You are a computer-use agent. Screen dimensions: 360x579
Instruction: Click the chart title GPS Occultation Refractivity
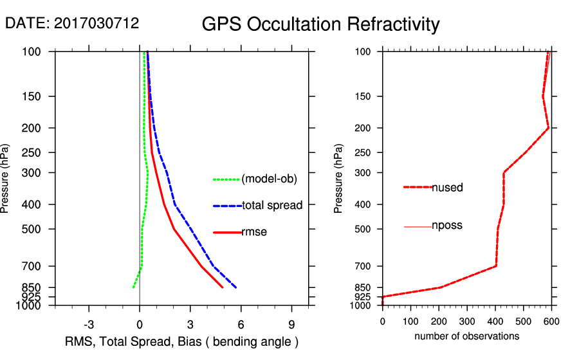coord(320,25)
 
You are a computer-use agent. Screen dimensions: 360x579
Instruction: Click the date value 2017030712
coord(96,24)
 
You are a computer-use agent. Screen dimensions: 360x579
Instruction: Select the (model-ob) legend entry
coord(269,179)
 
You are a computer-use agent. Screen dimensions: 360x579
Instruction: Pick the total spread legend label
coord(272,206)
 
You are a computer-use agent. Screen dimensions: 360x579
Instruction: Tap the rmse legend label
coord(254,232)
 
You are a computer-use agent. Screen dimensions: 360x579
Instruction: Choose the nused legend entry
coord(447,188)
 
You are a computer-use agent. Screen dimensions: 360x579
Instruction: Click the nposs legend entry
coord(447,226)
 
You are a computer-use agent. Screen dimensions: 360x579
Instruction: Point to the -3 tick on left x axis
coord(89,324)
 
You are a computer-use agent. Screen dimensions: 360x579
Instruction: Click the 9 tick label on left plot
coord(292,324)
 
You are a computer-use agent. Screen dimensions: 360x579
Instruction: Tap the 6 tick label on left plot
coord(241,324)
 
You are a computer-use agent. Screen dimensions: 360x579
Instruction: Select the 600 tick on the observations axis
coord(551,320)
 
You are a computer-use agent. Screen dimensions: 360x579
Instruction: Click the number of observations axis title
coord(466,336)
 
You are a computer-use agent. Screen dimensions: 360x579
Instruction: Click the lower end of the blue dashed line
coord(236,287)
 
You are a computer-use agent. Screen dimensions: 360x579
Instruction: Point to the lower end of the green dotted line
coord(133,287)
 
